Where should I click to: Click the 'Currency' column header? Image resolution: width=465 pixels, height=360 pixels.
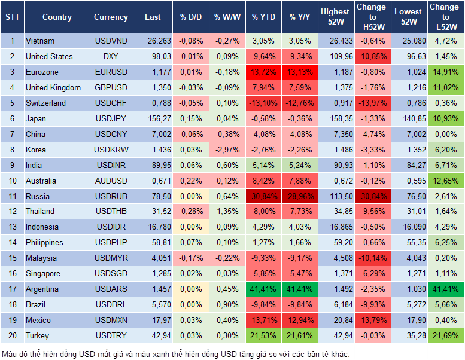click(111, 17)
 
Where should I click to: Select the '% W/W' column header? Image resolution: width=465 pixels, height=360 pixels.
click(227, 17)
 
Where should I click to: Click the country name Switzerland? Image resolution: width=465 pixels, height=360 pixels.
click(46, 103)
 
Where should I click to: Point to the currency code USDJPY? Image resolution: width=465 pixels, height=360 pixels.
click(111, 118)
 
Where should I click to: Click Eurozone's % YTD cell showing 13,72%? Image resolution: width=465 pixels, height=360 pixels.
click(264, 72)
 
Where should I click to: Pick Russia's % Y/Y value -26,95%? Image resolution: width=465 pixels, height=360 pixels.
click(301, 196)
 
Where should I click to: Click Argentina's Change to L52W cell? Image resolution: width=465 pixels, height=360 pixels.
click(446, 289)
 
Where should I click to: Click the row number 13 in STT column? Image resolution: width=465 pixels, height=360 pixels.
click(11, 227)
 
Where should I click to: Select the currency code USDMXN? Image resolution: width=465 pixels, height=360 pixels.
click(111, 321)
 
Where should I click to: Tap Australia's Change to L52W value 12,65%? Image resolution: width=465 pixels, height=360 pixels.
click(446, 181)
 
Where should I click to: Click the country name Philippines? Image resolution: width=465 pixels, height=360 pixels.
click(45, 243)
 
